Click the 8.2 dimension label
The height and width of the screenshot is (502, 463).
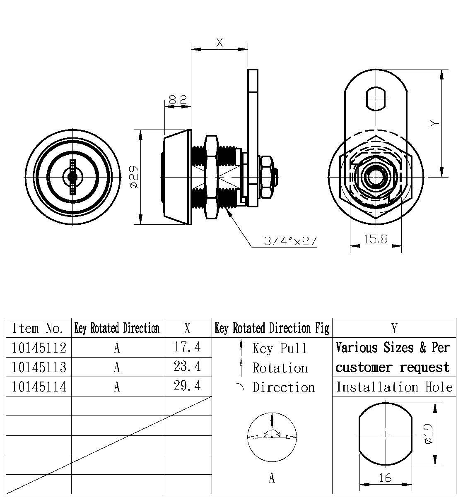click(178, 100)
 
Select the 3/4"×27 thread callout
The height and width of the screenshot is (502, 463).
click(290, 240)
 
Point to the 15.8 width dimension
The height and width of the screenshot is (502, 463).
click(376, 239)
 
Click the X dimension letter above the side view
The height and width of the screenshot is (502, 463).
click(219, 42)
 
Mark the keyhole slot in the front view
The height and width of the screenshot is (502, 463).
click(73, 177)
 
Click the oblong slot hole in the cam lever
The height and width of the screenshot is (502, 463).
click(376, 98)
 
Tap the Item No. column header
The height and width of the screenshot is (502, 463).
click(38, 328)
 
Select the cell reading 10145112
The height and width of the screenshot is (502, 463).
click(39, 348)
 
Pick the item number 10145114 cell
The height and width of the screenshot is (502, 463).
click(39, 387)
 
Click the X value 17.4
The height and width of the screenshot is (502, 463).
click(187, 347)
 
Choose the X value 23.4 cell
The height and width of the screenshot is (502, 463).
click(187, 366)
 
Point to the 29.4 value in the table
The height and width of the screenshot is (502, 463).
click(187, 386)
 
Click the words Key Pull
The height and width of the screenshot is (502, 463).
click(280, 348)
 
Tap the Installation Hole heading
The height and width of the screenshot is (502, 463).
click(394, 387)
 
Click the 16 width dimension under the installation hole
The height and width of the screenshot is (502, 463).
click(385, 478)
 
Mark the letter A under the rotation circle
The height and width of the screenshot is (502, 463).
click(272, 478)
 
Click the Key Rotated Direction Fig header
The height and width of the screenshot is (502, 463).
click(272, 328)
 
